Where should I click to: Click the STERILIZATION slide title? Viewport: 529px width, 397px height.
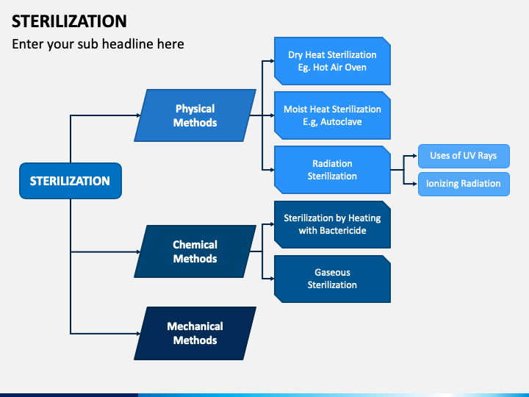click(x=69, y=21)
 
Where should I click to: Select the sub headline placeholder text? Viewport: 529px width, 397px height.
click(x=98, y=44)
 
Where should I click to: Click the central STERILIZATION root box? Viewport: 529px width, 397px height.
click(x=70, y=181)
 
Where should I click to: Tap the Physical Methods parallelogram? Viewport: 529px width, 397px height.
click(x=195, y=115)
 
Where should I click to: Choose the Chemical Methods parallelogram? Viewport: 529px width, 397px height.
click(x=195, y=251)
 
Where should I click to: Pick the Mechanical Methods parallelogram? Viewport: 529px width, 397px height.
click(x=195, y=333)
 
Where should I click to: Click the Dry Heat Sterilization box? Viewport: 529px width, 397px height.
click(x=332, y=61)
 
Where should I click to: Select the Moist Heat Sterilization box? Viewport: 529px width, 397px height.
click(x=332, y=115)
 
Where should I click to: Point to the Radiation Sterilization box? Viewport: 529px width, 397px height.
click(x=332, y=170)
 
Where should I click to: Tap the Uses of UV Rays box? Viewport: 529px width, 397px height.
click(x=463, y=157)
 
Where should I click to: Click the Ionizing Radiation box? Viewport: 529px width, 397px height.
click(x=463, y=184)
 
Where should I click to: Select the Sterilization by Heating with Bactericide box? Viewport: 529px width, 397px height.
click(x=332, y=224)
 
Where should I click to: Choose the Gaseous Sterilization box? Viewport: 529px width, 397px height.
click(x=332, y=279)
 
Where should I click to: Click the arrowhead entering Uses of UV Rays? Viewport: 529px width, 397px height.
click(x=414, y=157)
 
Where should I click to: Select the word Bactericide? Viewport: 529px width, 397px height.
click(x=342, y=231)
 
